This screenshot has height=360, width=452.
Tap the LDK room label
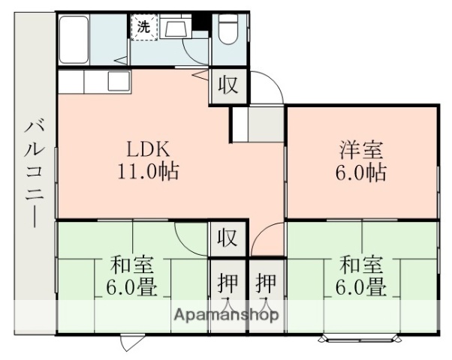point(147,148)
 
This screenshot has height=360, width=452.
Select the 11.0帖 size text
point(147,171)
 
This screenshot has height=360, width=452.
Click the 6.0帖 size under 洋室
point(360,172)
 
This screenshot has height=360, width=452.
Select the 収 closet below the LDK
point(228,238)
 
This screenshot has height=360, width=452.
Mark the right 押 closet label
point(265,284)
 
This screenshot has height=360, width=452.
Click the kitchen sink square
point(118,80)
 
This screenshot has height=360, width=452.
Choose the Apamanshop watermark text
point(226,315)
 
